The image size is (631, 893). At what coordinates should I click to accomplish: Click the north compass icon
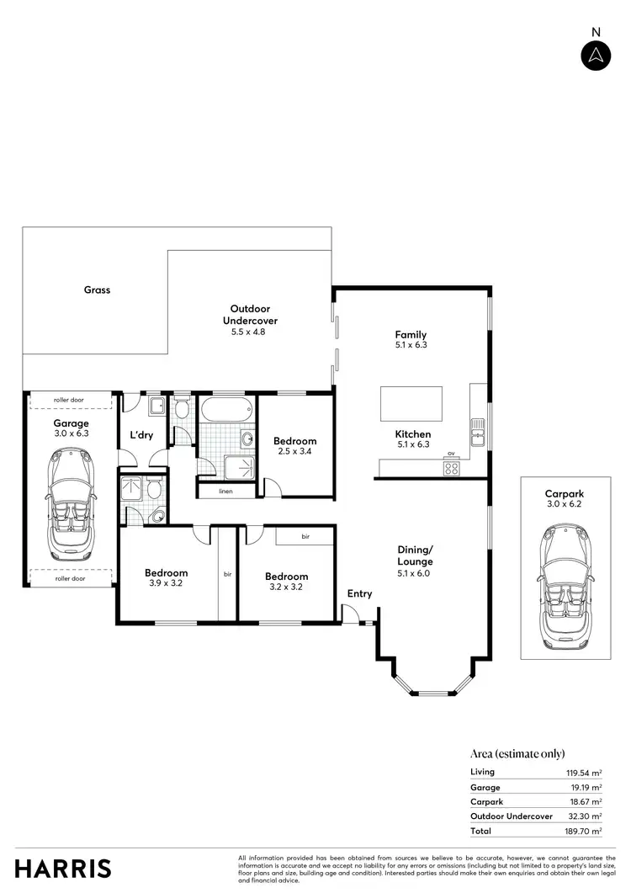coord(596,55)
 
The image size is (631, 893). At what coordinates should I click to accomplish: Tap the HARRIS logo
coord(63,868)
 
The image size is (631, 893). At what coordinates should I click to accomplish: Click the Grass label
coord(97,290)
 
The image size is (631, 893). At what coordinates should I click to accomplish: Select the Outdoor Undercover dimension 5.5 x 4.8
coord(249,332)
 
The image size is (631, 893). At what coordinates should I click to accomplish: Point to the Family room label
coord(411,334)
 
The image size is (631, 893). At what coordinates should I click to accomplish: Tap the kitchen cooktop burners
coord(452,468)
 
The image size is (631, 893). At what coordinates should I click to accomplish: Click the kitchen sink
coord(478,436)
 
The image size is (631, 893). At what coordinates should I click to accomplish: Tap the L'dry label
coord(141,435)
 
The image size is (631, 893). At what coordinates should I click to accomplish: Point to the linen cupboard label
coord(225,491)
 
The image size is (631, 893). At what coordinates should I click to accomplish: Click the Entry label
coord(359,594)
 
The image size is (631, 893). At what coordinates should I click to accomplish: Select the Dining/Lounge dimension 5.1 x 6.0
coord(416,573)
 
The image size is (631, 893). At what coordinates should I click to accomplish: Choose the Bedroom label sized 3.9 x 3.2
coord(166,573)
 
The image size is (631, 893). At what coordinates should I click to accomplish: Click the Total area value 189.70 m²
coord(584,831)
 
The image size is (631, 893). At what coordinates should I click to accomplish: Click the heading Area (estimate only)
coord(517,753)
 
